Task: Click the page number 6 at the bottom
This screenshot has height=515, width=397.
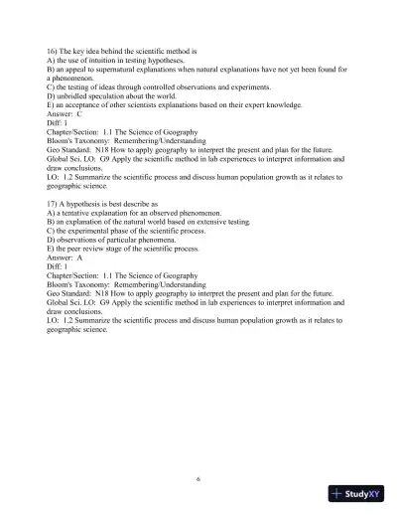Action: pos(198,477)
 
